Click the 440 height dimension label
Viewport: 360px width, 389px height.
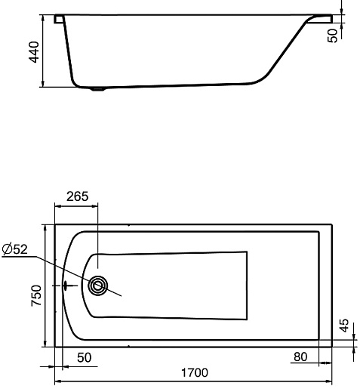(x=34, y=52)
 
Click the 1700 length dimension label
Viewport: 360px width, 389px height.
(x=195, y=372)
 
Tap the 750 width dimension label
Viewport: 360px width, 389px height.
(x=36, y=295)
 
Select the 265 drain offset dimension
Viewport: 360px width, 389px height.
(x=78, y=196)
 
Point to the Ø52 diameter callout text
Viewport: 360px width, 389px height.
(x=14, y=249)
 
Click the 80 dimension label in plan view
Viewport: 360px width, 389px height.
(x=300, y=357)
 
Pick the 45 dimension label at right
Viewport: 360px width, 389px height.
(x=344, y=326)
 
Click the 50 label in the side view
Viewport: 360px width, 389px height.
(x=333, y=36)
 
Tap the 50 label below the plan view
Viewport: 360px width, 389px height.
(x=85, y=357)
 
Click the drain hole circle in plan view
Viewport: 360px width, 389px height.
(x=98, y=286)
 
